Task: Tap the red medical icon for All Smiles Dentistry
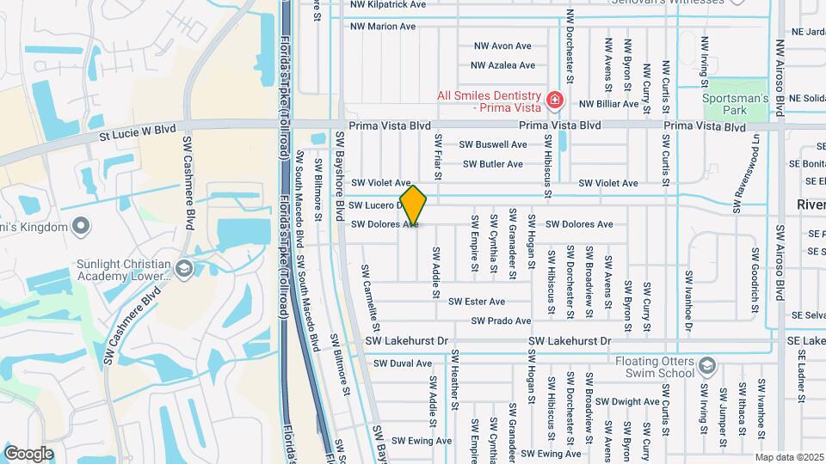[x=555, y=101]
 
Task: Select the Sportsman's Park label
[x=734, y=99]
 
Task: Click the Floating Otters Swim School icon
[x=706, y=365]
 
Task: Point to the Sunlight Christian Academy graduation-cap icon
[x=182, y=269]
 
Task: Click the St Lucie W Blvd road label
[x=138, y=130]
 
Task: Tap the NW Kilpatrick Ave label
[x=387, y=4]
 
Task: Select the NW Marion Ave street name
[x=383, y=27]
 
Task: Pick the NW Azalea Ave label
[x=502, y=65]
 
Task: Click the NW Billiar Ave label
[x=609, y=104]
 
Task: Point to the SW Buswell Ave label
[x=493, y=145]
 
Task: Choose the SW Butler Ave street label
[x=492, y=164]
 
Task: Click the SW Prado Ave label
[x=501, y=321]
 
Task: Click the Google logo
[x=28, y=454]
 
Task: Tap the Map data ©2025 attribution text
[x=790, y=457]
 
